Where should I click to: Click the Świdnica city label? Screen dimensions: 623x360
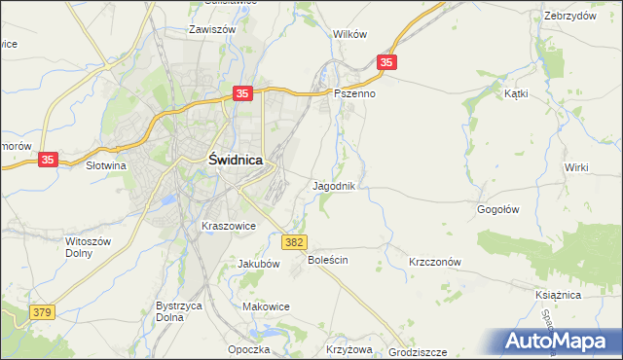tap(234, 163)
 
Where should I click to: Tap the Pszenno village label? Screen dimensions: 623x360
tap(354, 94)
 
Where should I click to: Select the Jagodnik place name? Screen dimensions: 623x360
tap(339, 185)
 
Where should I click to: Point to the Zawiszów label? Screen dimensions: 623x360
tap(214, 29)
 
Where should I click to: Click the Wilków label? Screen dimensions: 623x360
tap(349, 33)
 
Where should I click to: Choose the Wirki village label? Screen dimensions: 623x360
tap(576, 167)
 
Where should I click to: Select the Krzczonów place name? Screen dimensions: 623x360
tap(434, 263)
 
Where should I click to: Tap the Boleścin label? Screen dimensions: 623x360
tap(328, 261)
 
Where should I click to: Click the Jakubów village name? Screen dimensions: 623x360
tap(259, 264)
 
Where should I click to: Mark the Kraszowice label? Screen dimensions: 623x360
tap(228, 226)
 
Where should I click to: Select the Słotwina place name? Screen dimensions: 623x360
tap(106, 165)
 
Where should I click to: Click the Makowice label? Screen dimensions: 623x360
tap(266, 306)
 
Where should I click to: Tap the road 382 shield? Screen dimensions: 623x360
tap(295, 242)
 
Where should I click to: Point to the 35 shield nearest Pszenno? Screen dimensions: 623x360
tap(387, 62)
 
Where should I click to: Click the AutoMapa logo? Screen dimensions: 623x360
tap(560, 341)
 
